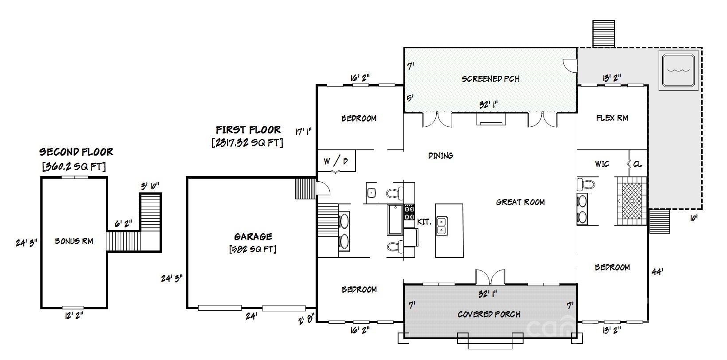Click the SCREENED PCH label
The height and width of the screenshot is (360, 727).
490,79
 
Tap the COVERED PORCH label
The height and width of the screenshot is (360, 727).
489,314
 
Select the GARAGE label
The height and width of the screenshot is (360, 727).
253,236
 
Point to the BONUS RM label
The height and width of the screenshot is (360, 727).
74,241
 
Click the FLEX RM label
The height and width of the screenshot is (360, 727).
612,118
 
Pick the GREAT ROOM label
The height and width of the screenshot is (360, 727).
520,202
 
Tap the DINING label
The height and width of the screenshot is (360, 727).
441,156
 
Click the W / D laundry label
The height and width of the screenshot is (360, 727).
336,160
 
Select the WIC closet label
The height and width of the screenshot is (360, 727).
602,164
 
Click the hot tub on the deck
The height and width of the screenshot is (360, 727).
678,70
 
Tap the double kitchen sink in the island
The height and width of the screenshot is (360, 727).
442,226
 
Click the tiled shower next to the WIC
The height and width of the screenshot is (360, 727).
632,201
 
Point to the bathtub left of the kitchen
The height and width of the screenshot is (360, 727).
395,220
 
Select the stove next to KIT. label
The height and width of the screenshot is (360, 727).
409,213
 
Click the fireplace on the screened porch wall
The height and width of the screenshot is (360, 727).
491,119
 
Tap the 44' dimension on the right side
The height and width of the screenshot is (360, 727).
657,272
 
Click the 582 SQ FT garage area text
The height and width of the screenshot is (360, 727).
253,249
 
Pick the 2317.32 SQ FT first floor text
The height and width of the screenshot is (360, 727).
247,142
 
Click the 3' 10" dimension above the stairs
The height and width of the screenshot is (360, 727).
150,186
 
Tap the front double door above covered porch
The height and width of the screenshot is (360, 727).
490,277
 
